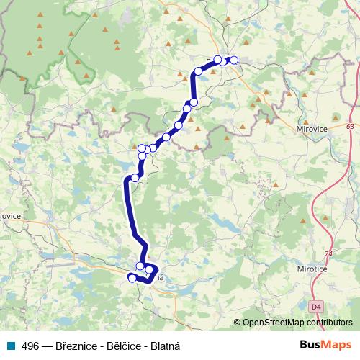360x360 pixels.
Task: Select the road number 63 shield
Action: [350, 126]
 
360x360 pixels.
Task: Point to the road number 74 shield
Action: [330, 254]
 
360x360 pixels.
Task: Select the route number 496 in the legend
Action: [31, 346]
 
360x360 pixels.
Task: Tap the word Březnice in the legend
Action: [80, 346]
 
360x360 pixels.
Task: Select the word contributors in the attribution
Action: [329, 323]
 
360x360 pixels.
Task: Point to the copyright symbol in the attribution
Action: [238, 323]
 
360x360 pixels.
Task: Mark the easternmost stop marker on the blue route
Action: [233, 60]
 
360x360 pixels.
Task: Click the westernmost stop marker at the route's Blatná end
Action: [132, 277]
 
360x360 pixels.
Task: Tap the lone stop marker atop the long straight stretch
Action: [135, 178]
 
